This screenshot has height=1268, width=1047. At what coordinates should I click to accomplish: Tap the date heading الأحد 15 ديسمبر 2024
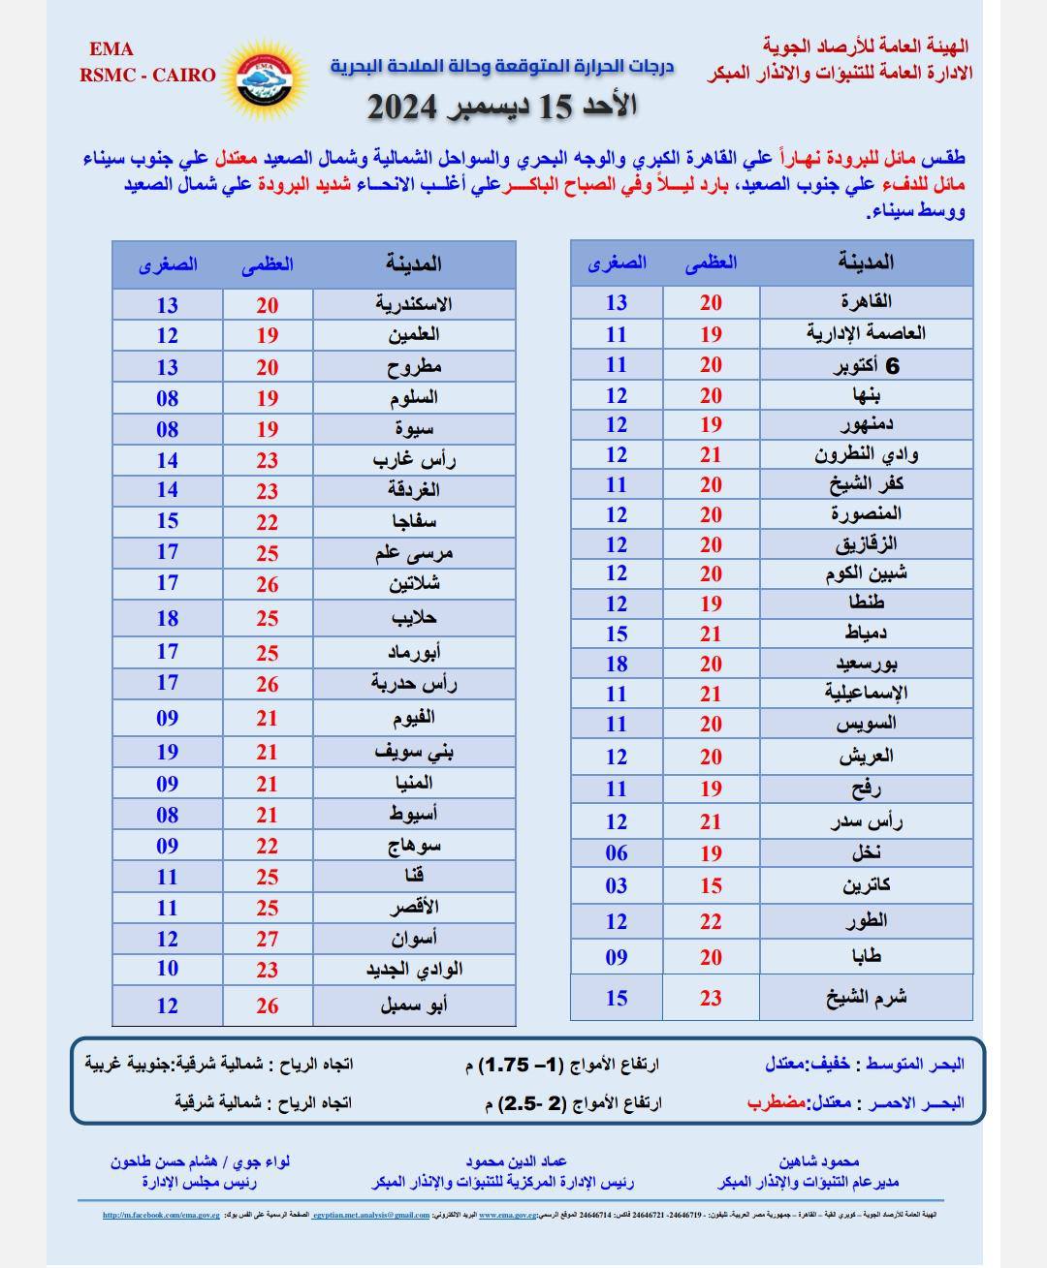(x=501, y=106)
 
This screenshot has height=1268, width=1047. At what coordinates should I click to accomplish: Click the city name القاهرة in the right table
(x=866, y=301)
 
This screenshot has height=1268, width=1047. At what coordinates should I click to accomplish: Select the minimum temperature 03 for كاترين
(x=617, y=885)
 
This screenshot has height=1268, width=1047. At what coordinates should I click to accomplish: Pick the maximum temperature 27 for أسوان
(x=268, y=939)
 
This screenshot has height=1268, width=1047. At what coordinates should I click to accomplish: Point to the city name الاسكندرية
(x=414, y=304)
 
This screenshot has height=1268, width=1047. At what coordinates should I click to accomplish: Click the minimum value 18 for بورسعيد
(x=617, y=664)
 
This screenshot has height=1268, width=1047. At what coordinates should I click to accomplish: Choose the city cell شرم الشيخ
(x=866, y=998)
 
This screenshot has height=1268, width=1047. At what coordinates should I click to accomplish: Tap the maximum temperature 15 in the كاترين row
(x=712, y=885)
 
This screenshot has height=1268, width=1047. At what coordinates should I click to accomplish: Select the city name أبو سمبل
(x=414, y=1005)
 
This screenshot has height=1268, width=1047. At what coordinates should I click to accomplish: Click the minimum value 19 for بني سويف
(x=168, y=752)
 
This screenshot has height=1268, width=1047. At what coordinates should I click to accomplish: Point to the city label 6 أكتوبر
(x=866, y=365)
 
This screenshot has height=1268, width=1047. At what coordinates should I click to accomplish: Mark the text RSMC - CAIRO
(x=148, y=75)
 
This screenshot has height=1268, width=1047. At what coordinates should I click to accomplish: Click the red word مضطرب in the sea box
(x=776, y=1102)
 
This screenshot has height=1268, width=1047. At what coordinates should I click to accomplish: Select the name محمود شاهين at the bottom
(x=819, y=1160)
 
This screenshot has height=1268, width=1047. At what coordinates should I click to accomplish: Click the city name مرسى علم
(x=414, y=553)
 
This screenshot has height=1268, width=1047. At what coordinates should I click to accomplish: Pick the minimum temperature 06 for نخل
(x=617, y=852)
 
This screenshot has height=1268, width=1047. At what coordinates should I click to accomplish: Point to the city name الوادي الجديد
(x=414, y=970)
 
